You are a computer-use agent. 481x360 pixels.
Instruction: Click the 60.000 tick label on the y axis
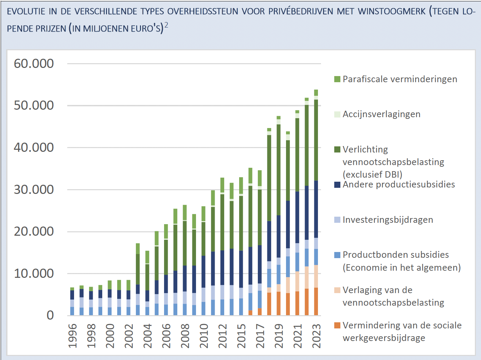click(x=34, y=64)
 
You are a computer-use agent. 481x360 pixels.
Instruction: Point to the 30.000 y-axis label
click(x=34, y=190)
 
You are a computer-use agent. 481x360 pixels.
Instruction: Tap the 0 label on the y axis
click(x=50, y=315)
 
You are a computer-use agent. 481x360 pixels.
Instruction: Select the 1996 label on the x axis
click(x=72, y=336)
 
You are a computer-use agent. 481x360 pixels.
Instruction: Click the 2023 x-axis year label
click(x=316, y=336)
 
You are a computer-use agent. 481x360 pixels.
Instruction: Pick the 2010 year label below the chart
click(x=204, y=336)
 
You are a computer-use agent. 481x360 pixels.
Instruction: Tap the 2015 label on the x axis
click(x=241, y=336)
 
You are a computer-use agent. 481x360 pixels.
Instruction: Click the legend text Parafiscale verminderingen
click(x=399, y=79)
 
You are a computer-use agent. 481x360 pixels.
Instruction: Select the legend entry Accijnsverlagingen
click(x=381, y=114)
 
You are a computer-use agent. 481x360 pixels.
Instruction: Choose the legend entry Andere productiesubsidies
click(x=398, y=184)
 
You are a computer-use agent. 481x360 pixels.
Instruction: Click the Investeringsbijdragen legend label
click(x=388, y=220)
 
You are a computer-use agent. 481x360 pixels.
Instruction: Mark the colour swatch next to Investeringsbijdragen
click(x=337, y=220)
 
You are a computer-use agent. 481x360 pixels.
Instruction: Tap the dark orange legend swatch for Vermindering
click(x=337, y=325)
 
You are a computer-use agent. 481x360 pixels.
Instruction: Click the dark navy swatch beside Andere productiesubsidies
click(x=337, y=185)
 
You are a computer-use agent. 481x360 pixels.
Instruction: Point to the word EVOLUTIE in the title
click(x=26, y=12)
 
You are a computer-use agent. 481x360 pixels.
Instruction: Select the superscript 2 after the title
click(x=166, y=25)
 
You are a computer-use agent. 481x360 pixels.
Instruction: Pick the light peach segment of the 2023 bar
click(x=316, y=276)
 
